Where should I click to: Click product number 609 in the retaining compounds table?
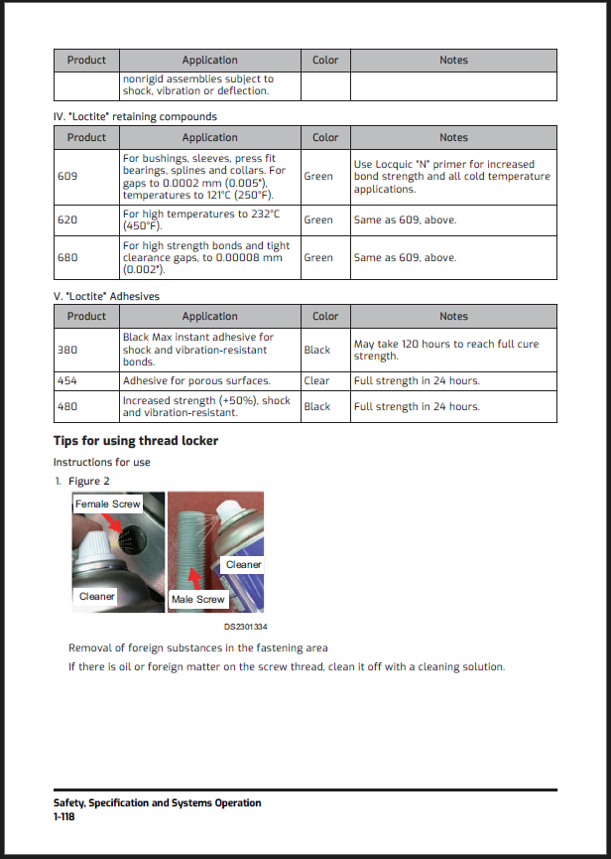click(x=67, y=177)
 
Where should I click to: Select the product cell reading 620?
click(x=67, y=219)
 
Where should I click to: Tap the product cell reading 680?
click(x=67, y=257)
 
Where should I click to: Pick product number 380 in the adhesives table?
click(x=67, y=350)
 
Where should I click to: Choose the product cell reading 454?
click(x=67, y=380)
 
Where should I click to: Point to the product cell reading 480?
click(x=67, y=406)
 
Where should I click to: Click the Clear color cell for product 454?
click(x=317, y=380)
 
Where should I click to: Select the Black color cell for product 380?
click(x=317, y=350)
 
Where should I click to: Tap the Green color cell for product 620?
click(x=318, y=219)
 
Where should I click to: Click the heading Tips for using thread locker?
click(x=135, y=440)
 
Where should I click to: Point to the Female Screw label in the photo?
click(x=108, y=504)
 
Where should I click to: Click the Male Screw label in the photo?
click(x=198, y=600)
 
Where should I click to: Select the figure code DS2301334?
click(x=246, y=627)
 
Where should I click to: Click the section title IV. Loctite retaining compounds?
click(x=134, y=116)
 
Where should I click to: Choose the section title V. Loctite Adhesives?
click(x=106, y=296)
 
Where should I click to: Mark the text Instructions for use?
click(x=101, y=462)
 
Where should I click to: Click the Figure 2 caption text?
click(x=89, y=482)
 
